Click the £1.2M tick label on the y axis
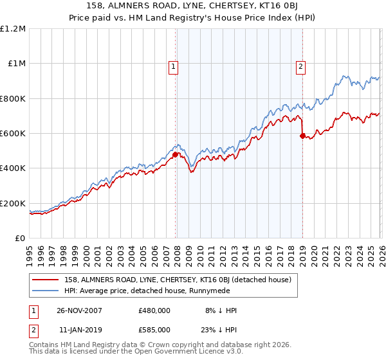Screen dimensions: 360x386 [13, 29]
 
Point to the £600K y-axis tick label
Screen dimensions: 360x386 [13, 134]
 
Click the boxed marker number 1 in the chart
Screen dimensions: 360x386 [174, 65]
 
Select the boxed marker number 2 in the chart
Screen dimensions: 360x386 [301, 65]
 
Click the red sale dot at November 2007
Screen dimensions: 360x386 [175, 154]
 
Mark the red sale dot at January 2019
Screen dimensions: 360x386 [302, 136]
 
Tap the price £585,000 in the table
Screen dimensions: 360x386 [154, 329]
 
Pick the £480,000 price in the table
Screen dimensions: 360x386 [154, 310]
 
